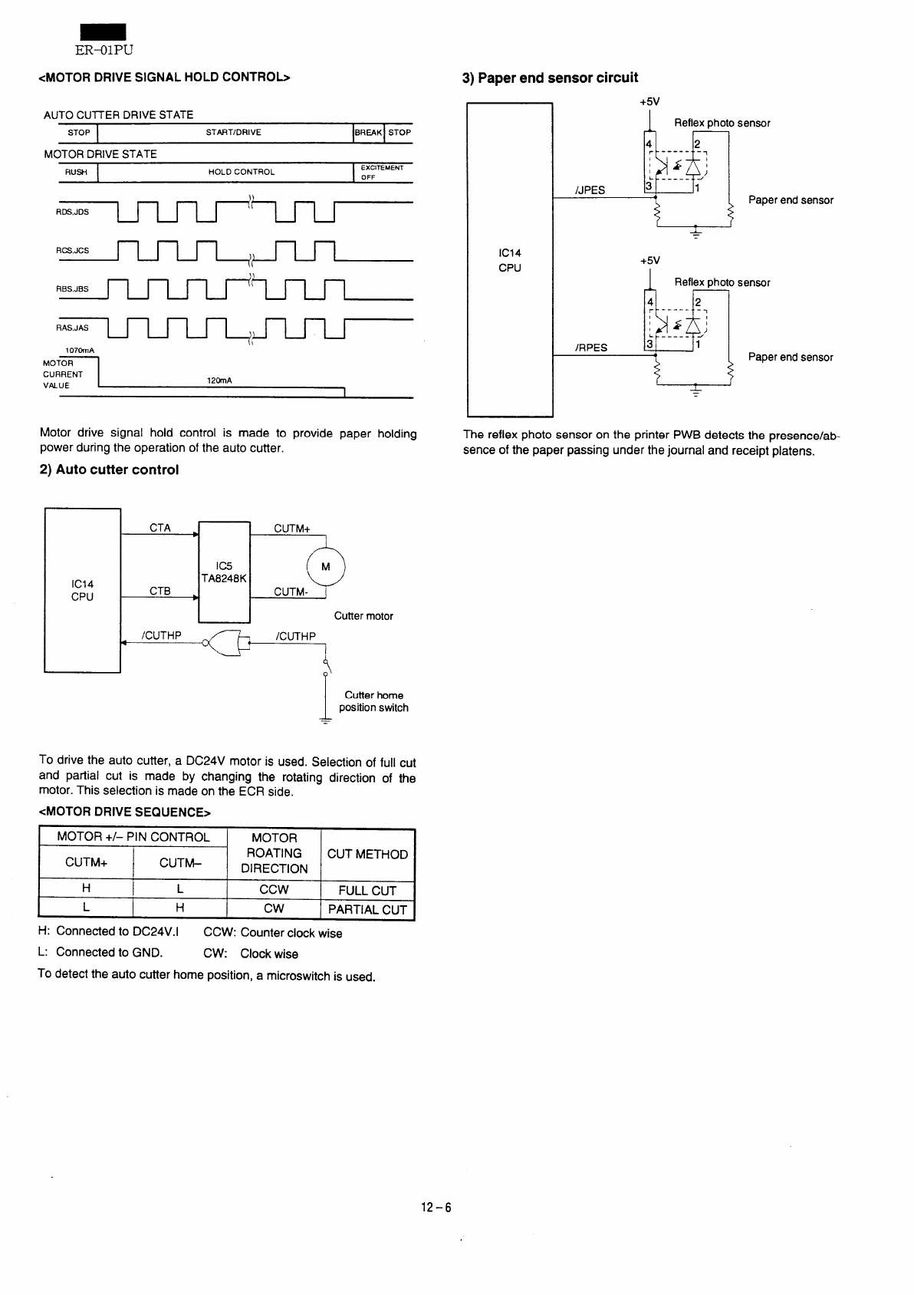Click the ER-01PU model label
click(104, 50)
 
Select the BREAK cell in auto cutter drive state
click(369, 133)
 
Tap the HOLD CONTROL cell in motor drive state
click(242, 172)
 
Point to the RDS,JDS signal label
click(72, 212)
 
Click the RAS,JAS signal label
click(72, 328)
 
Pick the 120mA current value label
click(219, 381)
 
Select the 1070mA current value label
click(80, 351)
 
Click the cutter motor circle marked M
click(326, 566)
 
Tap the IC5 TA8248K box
click(224, 572)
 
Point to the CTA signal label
click(160, 528)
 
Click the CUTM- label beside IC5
click(291, 592)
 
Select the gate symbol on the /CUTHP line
click(227, 642)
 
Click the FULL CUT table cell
click(367, 890)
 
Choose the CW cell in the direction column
click(274, 908)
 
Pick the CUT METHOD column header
click(367, 854)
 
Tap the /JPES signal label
click(590, 190)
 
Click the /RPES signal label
click(591, 348)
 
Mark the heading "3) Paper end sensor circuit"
click(550, 78)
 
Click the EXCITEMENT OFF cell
click(382, 173)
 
